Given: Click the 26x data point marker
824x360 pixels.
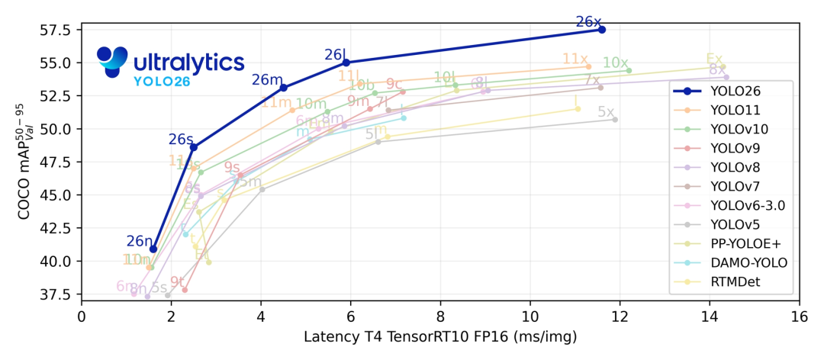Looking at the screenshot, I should click(602, 29).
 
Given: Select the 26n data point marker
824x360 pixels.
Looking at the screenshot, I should click(153, 249).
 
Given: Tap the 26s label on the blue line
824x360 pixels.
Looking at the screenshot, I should click(181, 139).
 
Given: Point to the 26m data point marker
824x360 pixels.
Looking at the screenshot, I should click(284, 88).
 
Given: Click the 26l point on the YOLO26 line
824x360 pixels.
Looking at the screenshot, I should click(346, 63).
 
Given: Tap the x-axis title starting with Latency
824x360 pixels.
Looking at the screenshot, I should click(440, 336).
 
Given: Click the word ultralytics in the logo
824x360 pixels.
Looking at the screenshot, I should click(188, 61).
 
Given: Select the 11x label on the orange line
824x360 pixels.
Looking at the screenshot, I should click(575, 59).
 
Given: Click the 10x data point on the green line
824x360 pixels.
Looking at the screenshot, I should click(629, 70).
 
